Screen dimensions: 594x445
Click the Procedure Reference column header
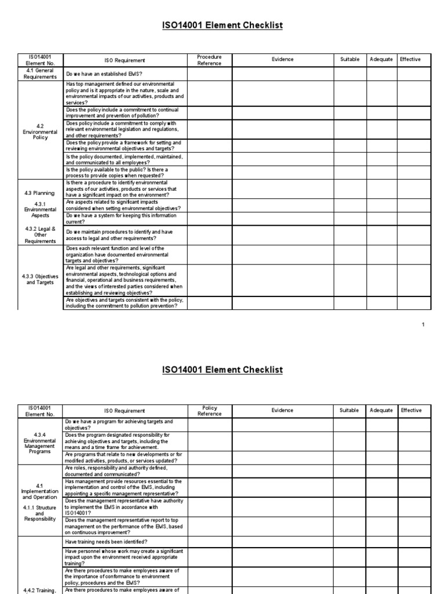click(x=209, y=60)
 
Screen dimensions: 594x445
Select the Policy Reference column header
click(x=209, y=411)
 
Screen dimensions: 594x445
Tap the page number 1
click(x=423, y=324)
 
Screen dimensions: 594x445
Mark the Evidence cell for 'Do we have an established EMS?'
click(x=283, y=74)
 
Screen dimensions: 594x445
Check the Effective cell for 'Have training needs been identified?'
click(x=411, y=541)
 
